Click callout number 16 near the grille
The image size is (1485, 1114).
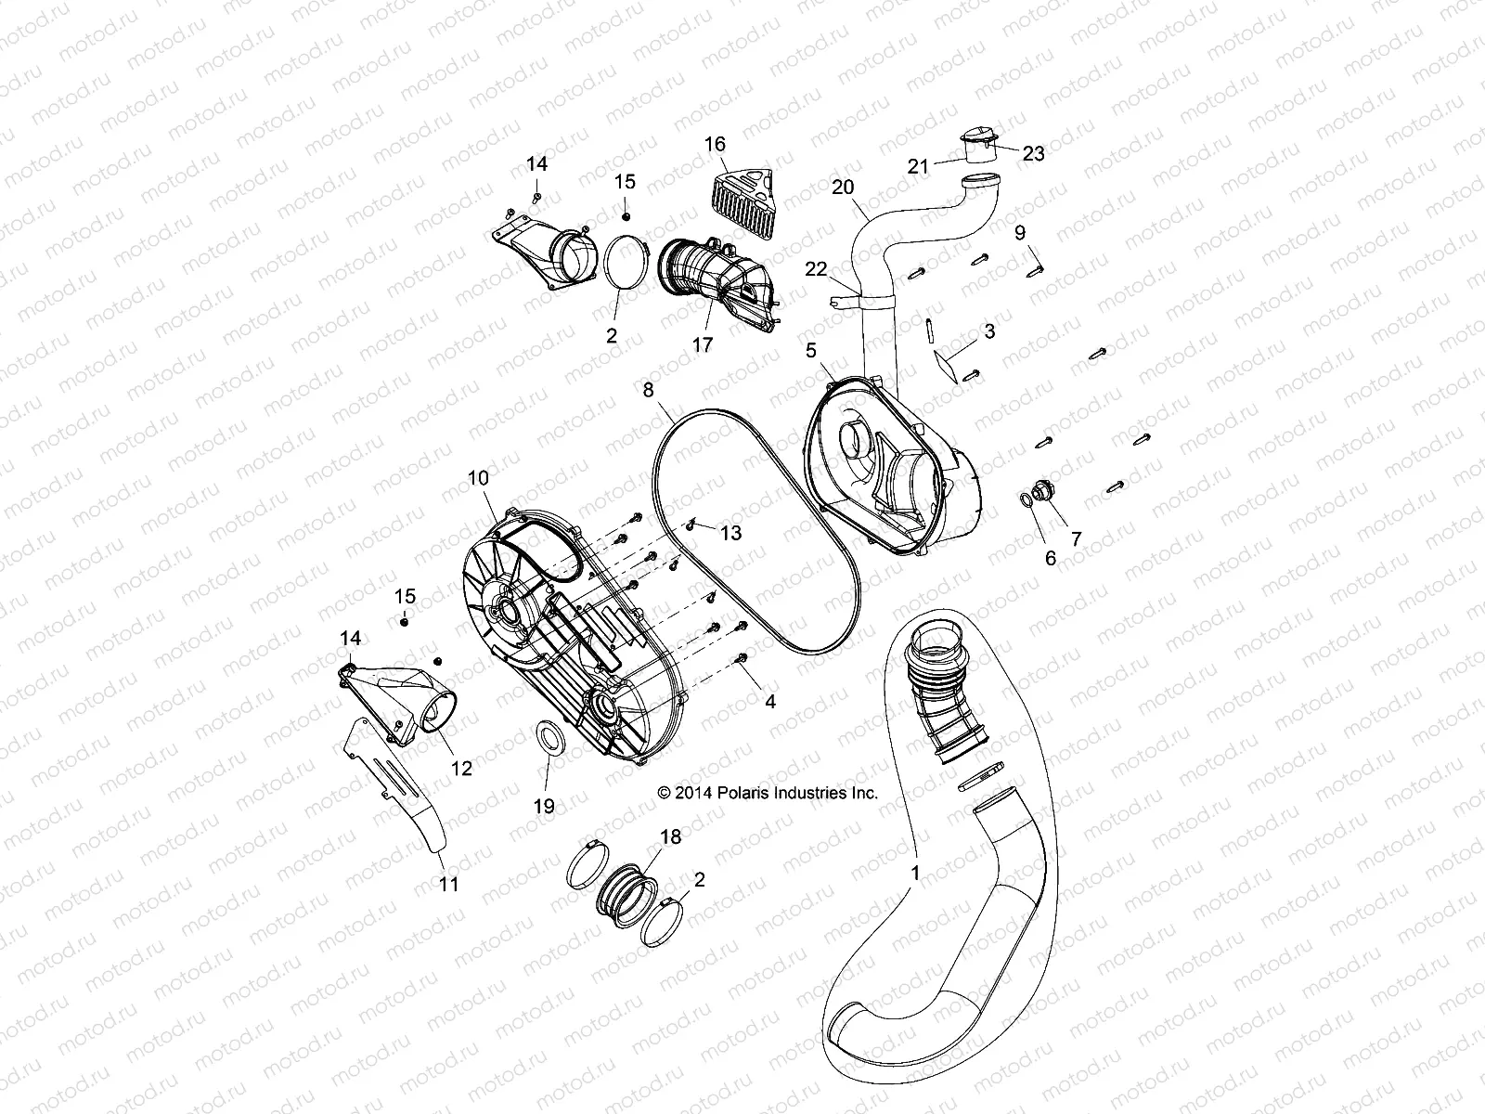[715, 144]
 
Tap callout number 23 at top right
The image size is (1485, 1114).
[1033, 153]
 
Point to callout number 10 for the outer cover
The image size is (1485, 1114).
[478, 479]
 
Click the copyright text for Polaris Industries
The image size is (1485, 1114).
[767, 793]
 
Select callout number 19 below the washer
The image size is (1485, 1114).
[544, 806]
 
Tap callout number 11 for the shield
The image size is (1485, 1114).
[448, 884]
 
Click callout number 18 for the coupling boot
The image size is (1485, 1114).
[669, 836]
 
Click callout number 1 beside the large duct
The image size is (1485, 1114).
[915, 873]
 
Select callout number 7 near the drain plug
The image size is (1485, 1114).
[1076, 538]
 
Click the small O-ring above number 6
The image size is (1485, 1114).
[1027, 501]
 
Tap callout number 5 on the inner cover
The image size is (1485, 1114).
[810, 349]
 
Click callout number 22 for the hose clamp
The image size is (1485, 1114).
[816, 269]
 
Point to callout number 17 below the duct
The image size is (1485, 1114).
[703, 344]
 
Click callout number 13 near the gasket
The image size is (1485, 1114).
[731, 533]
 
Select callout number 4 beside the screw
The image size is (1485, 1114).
[769, 702]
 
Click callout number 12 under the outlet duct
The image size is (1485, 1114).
[461, 768]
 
